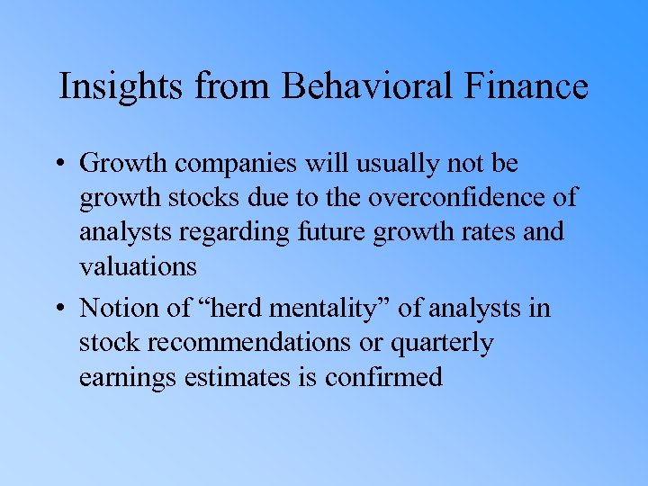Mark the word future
pos(331,231)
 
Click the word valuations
pos(138,265)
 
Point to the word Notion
pos(120,309)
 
